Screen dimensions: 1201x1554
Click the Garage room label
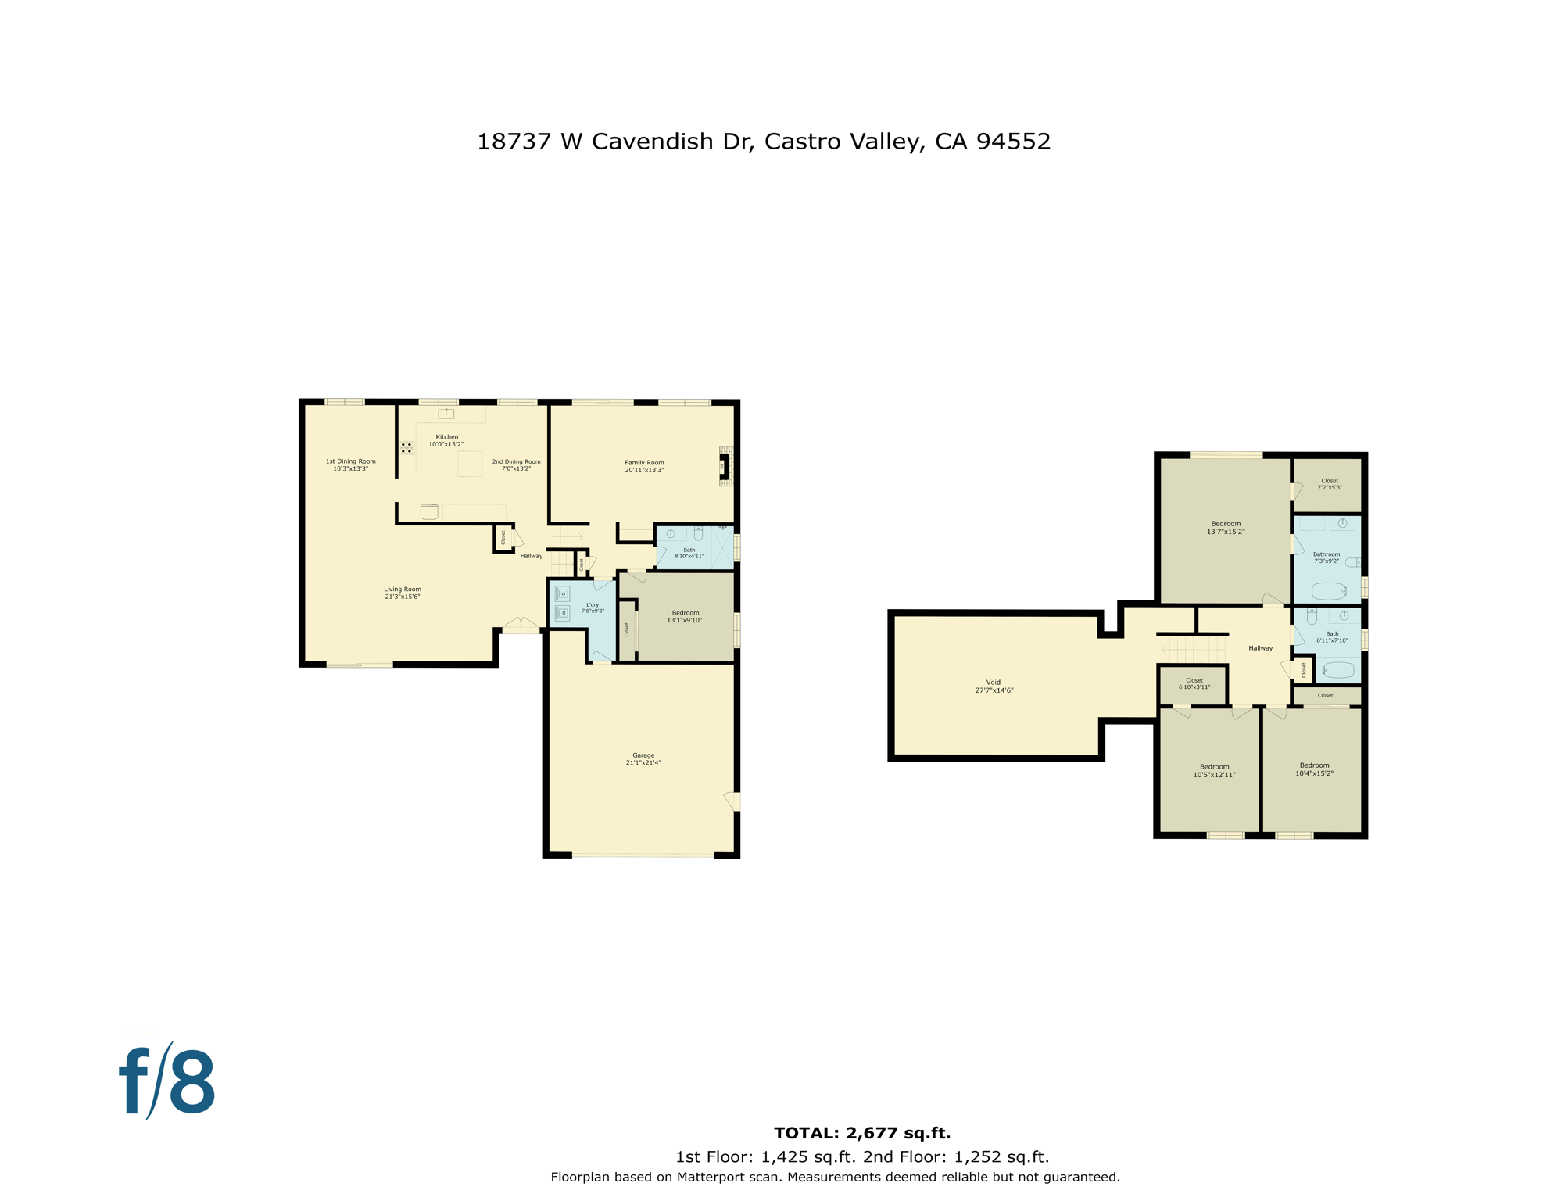click(643, 759)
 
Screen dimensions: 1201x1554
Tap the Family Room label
click(644, 467)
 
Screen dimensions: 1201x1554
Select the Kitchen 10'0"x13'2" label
click(446, 440)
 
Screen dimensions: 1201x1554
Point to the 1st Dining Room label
click(350, 464)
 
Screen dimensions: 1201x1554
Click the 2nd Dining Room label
click(516, 464)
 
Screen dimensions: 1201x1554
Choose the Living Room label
click(402, 593)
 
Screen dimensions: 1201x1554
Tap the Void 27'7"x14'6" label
click(994, 687)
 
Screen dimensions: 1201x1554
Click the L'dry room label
click(593, 608)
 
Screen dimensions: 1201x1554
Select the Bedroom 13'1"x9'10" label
click(685, 616)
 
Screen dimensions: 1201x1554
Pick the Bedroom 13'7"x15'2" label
click(1225, 528)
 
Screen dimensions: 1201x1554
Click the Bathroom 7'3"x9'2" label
click(1326, 557)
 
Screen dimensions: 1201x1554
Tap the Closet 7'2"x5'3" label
click(1329, 484)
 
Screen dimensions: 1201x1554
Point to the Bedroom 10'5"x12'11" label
click(1213, 771)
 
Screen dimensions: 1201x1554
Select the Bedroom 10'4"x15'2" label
click(1313, 769)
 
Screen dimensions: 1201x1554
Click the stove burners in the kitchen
click(406, 448)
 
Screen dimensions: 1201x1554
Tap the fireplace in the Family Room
click(725, 467)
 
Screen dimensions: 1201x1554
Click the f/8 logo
click(167, 1082)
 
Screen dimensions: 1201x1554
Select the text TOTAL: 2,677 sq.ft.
click(861, 1133)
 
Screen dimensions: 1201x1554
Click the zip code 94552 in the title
click(1013, 142)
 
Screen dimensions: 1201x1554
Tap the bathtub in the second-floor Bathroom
click(1328, 590)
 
